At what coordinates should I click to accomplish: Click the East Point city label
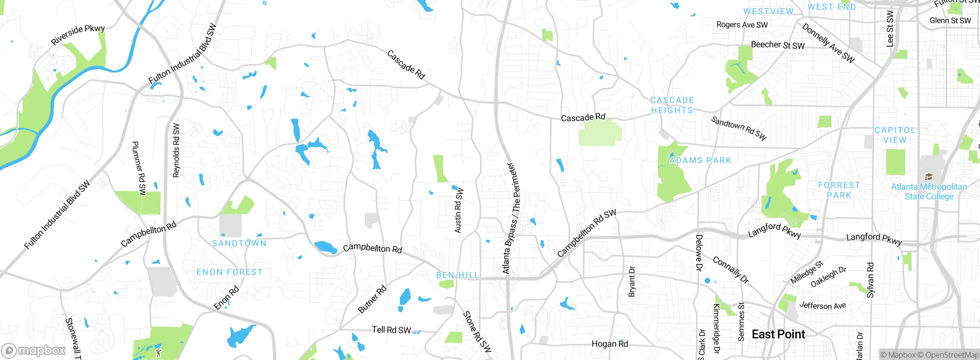coord(778,334)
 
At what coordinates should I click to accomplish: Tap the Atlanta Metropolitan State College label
coord(929,191)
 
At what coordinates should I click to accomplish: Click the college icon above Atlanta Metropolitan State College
coord(929,177)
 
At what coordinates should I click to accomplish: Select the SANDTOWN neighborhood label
coord(239,244)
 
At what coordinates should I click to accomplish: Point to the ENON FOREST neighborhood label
coord(230,272)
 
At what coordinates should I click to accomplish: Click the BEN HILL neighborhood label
coord(457,275)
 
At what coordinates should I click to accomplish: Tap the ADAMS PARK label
coord(700,160)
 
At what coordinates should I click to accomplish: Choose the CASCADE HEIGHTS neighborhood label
coord(672,105)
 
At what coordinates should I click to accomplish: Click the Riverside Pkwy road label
coord(78,34)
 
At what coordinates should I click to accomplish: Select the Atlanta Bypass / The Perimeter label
coord(511,218)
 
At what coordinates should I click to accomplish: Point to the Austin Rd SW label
coord(459,210)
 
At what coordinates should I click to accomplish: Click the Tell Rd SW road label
coord(391,330)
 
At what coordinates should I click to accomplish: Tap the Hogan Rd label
coord(610,344)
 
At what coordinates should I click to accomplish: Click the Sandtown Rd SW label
coord(739,128)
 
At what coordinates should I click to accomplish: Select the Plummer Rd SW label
coord(139,168)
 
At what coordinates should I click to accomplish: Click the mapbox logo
coord(34,350)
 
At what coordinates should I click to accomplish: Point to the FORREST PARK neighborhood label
coord(839,190)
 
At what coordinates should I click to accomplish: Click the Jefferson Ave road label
coord(822,306)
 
